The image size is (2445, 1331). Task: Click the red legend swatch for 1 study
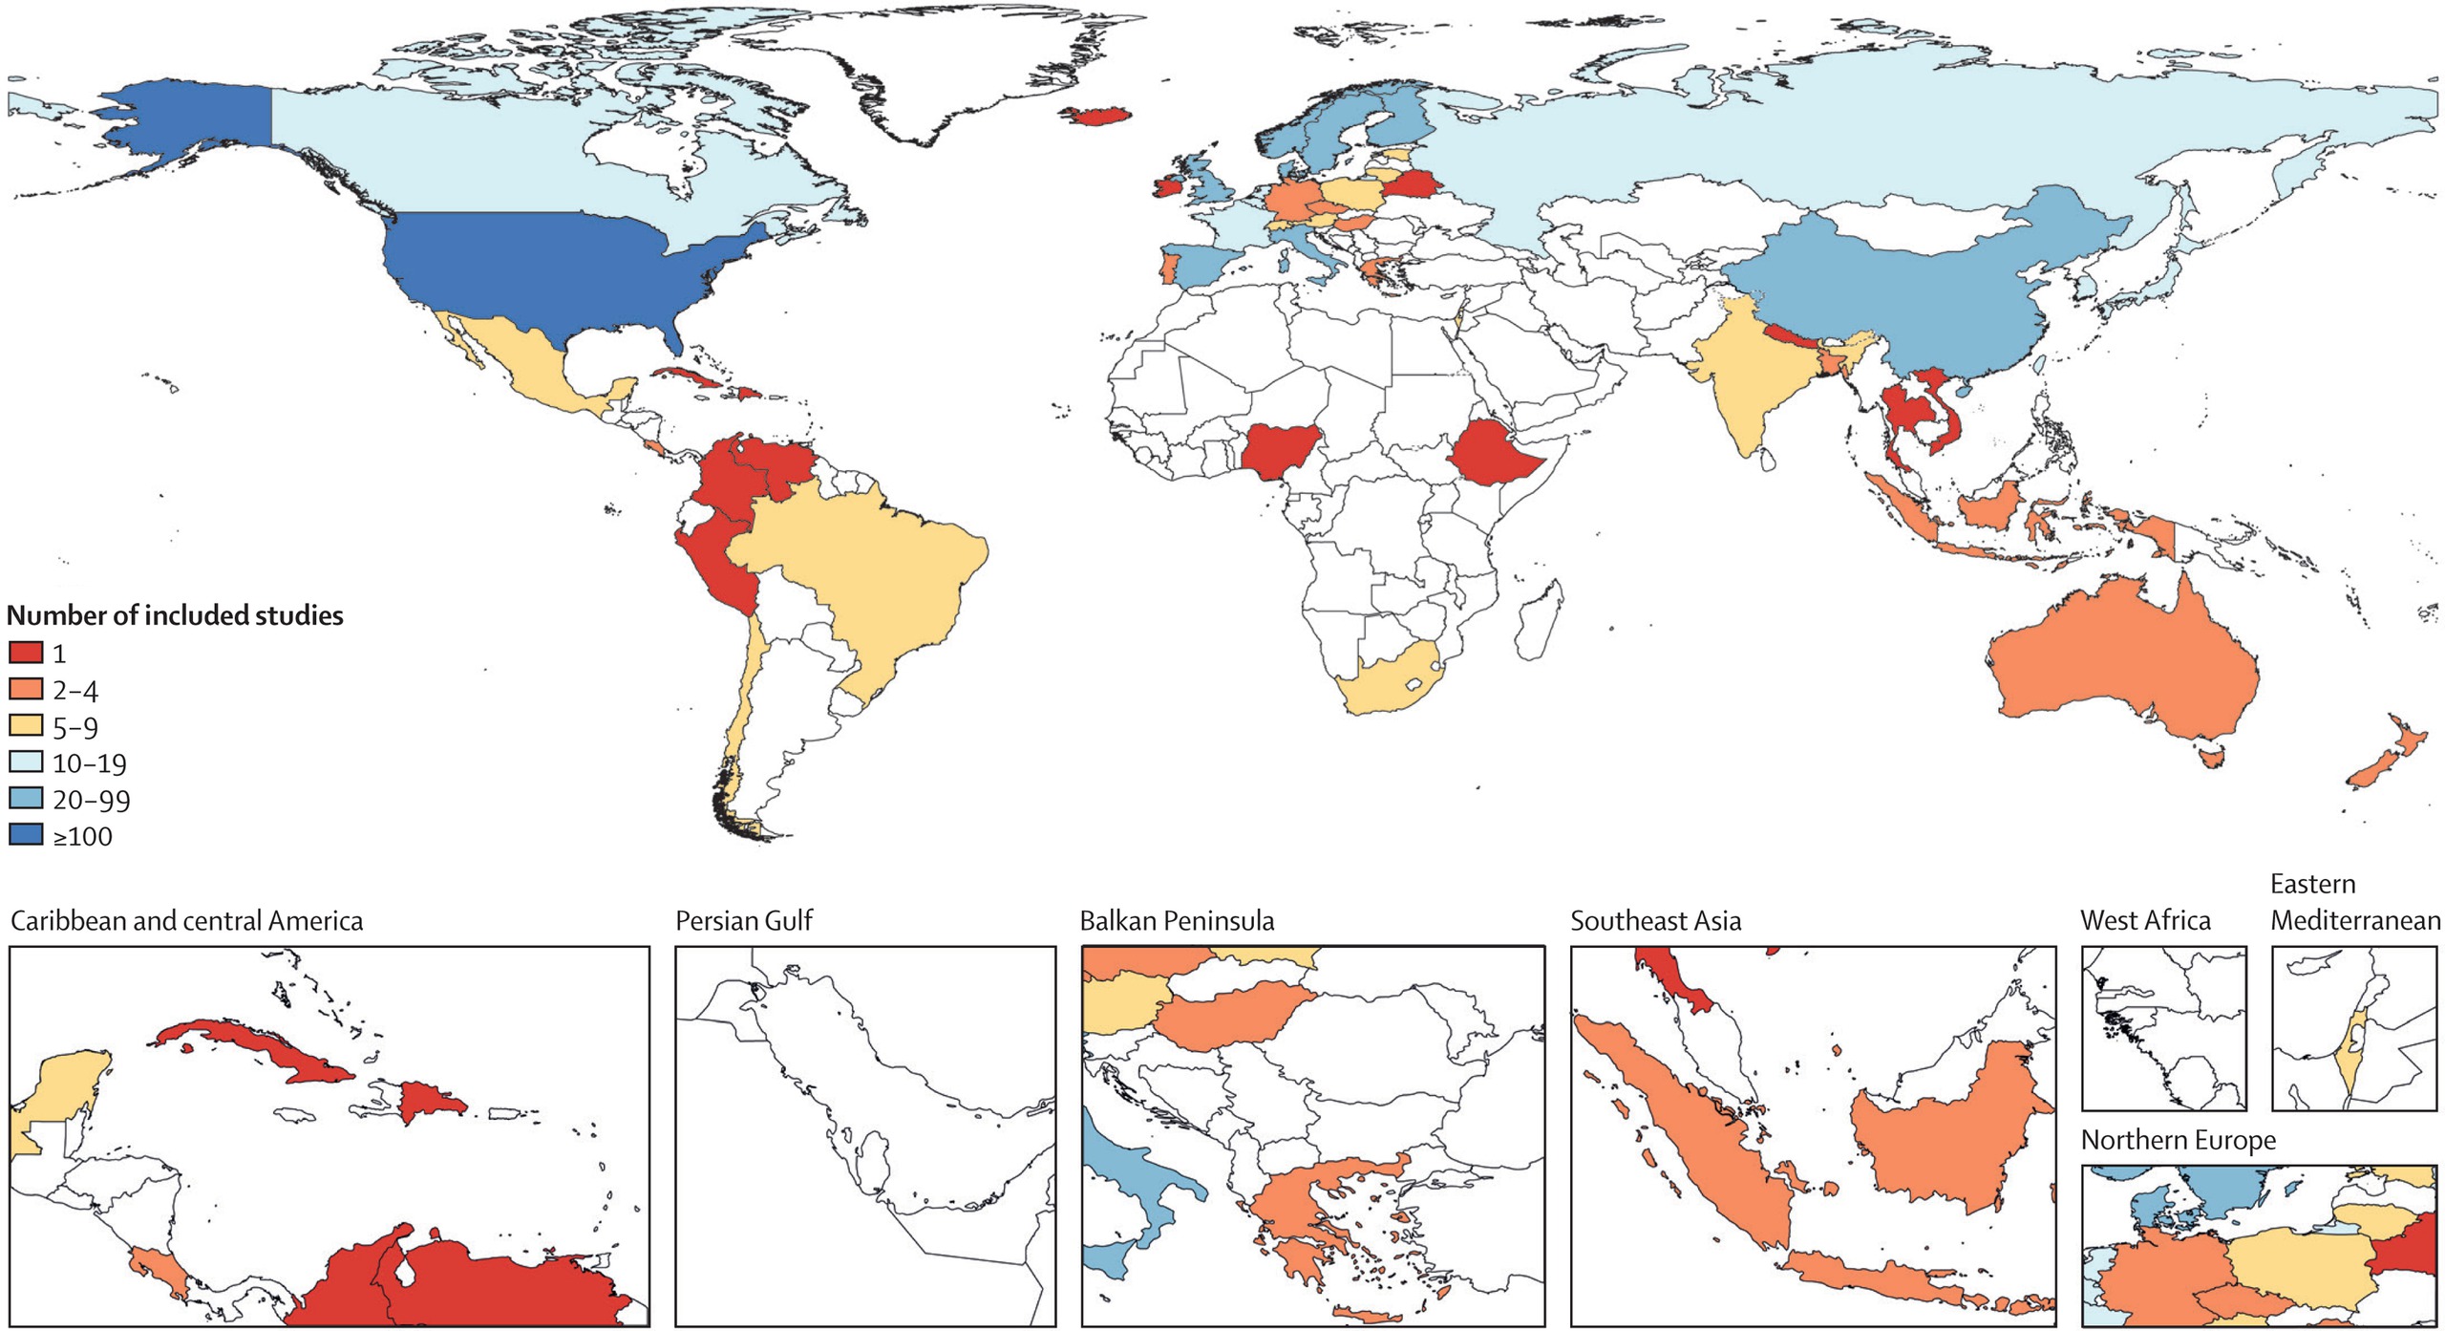[26, 653]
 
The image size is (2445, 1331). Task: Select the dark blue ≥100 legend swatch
[26, 835]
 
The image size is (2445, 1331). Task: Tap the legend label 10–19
[89, 763]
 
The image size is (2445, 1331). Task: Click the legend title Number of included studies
[175, 615]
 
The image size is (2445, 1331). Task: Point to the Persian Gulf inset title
[743, 921]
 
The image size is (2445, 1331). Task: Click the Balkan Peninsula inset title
[1177, 921]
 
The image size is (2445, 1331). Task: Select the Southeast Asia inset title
[1655, 921]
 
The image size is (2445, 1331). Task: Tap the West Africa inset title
[2145, 920]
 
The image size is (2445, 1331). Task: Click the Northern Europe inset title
[2178, 1140]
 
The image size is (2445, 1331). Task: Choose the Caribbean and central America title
[186, 921]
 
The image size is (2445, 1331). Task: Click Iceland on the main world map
[1098, 116]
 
